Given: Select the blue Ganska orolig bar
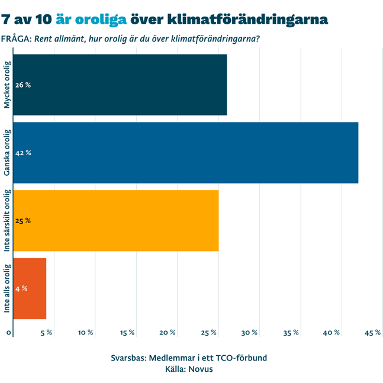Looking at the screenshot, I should pyautogui.click(x=185, y=153).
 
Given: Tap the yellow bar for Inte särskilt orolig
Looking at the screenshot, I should pyautogui.click(x=115, y=220).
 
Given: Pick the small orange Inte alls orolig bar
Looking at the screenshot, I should pyautogui.click(x=30, y=288).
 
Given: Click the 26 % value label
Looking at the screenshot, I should pyautogui.click(x=23, y=85).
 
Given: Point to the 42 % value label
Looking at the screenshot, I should pyautogui.click(x=23, y=153).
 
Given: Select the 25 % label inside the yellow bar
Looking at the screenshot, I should pyautogui.click(x=23, y=221).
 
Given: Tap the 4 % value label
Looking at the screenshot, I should pyautogui.click(x=21, y=288).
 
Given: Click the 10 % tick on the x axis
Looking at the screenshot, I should pyautogui.click(x=86, y=333).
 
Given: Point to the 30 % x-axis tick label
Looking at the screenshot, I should pyautogui.click(x=249, y=333).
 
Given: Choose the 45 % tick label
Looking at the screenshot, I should pyautogui.click(x=372, y=333).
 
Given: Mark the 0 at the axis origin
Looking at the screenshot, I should pyautogui.click(x=9, y=333).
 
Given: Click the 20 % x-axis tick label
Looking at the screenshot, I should pyautogui.click(x=168, y=333).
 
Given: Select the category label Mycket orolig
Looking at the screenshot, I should pyautogui.click(x=7, y=85).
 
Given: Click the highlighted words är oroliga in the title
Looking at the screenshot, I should pyautogui.click(x=91, y=19).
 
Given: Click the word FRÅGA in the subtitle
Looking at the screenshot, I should pyautogui.click(x=17, y=40).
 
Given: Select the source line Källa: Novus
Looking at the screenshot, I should pyautogui.click(x=189, y=369).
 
